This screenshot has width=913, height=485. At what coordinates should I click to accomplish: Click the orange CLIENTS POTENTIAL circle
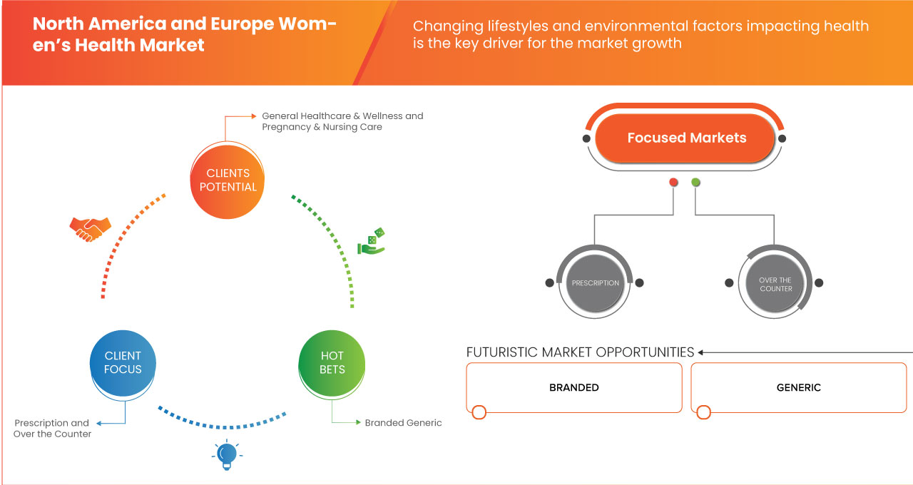click(228, 180)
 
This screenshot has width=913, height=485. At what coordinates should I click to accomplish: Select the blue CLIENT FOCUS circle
click(123, 362)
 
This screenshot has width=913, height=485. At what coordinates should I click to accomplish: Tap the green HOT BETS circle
click(332, 362)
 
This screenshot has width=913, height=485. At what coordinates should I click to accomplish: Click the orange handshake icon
click(90, 228)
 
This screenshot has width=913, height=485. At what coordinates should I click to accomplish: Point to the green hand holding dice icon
click(372, 242)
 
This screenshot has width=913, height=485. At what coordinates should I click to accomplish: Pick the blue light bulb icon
click(226, 454)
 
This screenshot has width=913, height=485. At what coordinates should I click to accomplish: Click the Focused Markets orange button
click(686, 138)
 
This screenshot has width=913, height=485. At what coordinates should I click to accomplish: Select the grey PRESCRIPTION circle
click(596, 283)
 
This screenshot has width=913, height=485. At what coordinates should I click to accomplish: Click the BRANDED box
click(574, 387)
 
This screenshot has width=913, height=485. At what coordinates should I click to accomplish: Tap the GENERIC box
click(798, 387)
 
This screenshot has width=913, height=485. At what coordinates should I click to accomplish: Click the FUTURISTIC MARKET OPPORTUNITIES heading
click(580, 352)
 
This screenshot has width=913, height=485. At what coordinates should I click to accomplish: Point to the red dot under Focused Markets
click(673, 183)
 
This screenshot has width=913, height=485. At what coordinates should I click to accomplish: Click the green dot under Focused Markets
click(695, 183)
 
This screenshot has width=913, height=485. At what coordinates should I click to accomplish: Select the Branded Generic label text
click(403, 423)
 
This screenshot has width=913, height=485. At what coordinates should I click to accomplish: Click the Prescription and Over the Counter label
click(52, 428)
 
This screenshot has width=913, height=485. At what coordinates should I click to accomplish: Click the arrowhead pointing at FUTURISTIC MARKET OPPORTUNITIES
click(701, 352)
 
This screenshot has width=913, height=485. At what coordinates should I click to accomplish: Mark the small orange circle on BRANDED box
click(479, 412)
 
